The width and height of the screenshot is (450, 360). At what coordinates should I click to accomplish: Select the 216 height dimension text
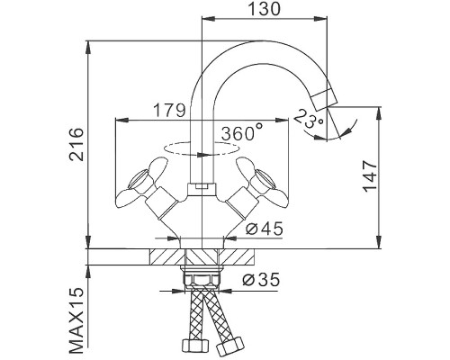[77, 144]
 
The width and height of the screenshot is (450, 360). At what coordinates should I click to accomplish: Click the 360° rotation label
[241, 132]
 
